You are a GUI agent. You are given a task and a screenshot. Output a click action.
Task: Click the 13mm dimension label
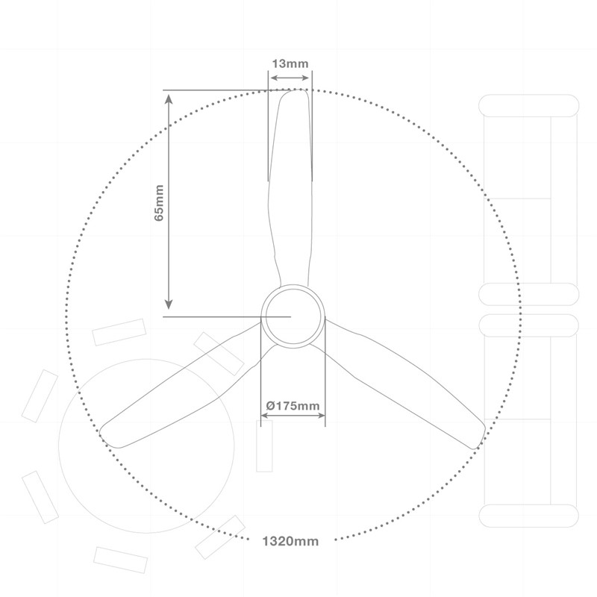pyautogui.click(x=290, y=63)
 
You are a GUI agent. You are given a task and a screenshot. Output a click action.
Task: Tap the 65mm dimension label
pyautogui.click(x=159, y=203)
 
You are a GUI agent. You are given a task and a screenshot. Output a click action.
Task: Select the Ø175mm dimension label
pyautogui.click(x=293, y=405)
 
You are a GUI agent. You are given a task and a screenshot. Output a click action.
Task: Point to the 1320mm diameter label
pyautogui.click(x=290, y=541)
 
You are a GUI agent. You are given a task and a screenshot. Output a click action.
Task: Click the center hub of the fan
pyautogui.click(x=293, y=316)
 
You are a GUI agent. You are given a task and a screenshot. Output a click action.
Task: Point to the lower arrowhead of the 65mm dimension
pyautogui.click(x=169, y=304)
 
